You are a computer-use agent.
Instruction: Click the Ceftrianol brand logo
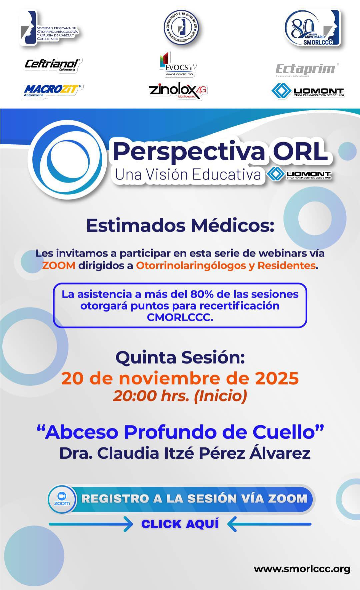tap(53, 65)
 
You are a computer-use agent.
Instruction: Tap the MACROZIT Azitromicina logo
tap(53, 90)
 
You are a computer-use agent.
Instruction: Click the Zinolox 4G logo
tap(178, 90)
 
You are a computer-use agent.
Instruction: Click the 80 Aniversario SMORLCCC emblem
tap(312, 28)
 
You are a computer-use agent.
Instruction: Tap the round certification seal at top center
tap(181, 28)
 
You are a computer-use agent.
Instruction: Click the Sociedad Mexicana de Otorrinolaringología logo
tap(50, 29)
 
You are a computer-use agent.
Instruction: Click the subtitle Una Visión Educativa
tap(188, 175)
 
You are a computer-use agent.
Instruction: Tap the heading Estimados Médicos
tap(180, 226)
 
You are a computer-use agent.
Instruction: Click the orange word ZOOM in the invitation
tap(59, 266)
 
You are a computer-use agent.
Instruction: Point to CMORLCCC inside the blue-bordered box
tap(180, 317)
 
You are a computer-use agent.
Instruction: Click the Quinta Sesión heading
tap(180, 357)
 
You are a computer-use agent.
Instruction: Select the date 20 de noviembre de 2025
tap(180, 378)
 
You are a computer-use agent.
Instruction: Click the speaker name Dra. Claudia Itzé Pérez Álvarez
tap(185, 453)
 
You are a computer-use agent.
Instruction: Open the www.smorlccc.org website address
tap(302, 569)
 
